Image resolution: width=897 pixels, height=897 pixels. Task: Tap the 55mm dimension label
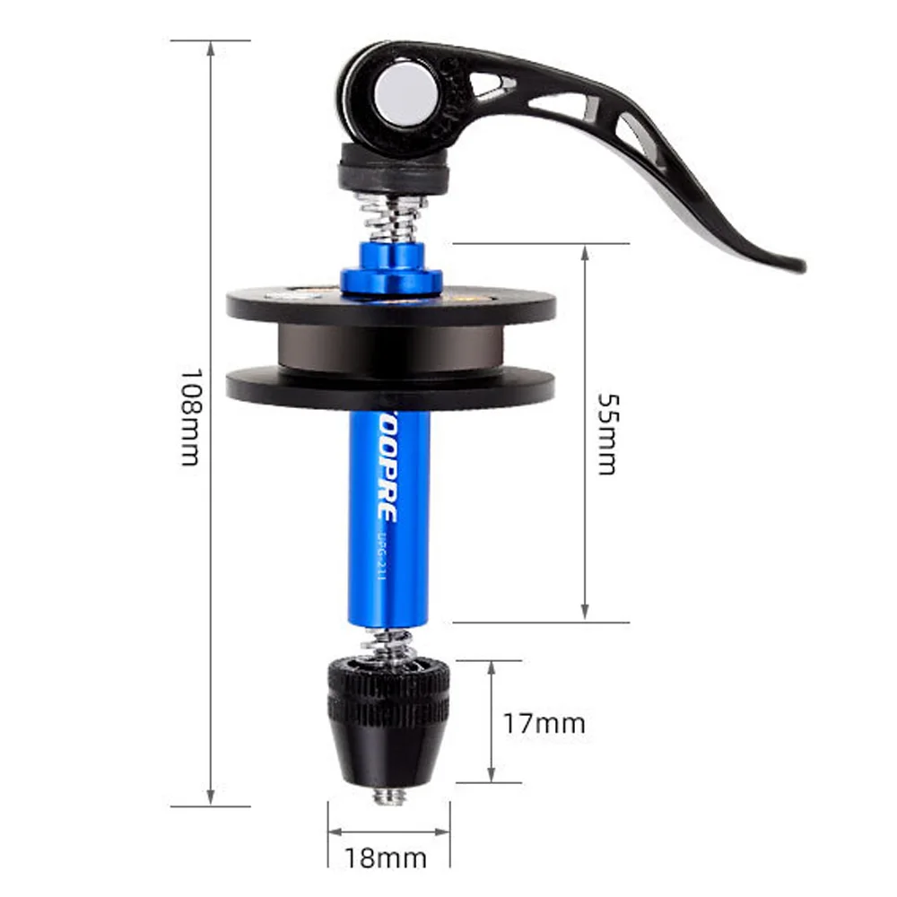(607, 433)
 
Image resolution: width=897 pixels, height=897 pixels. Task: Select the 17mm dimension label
(544, 722)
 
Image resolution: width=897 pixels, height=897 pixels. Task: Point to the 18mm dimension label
(388, 858)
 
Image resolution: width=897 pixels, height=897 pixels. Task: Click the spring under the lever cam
(392, 216)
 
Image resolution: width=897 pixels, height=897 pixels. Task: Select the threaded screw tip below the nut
(388, 794)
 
